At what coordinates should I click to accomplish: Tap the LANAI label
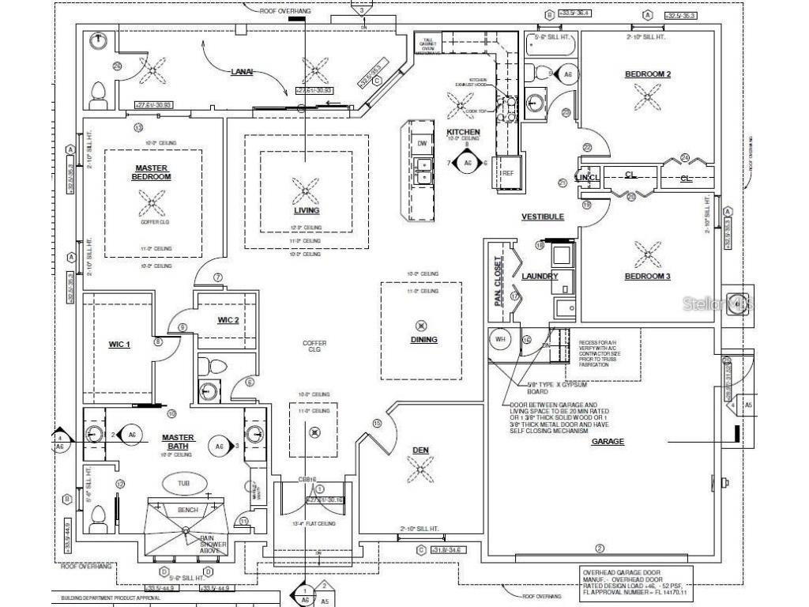[241, 71]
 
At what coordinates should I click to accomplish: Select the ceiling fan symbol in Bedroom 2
[648, 97]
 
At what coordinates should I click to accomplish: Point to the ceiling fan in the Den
[420, 472]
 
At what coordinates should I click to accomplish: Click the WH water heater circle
[499, 339]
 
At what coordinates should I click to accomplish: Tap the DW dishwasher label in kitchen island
[422, 143]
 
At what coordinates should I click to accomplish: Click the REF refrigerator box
[508, 173]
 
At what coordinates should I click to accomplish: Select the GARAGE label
[608, 442]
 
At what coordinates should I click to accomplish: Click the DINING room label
[424, 340]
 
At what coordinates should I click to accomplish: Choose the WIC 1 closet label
[119, 344]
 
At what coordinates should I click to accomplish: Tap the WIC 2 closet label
[228, 319]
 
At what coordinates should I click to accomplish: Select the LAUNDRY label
[540, 277]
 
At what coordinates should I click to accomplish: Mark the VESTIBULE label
[543, 217]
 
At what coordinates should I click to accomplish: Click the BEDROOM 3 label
[648, 276]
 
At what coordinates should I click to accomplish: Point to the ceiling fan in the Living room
[305, 190]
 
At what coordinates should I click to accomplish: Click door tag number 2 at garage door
[599, 549]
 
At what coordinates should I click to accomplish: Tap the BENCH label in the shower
[187, 510]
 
